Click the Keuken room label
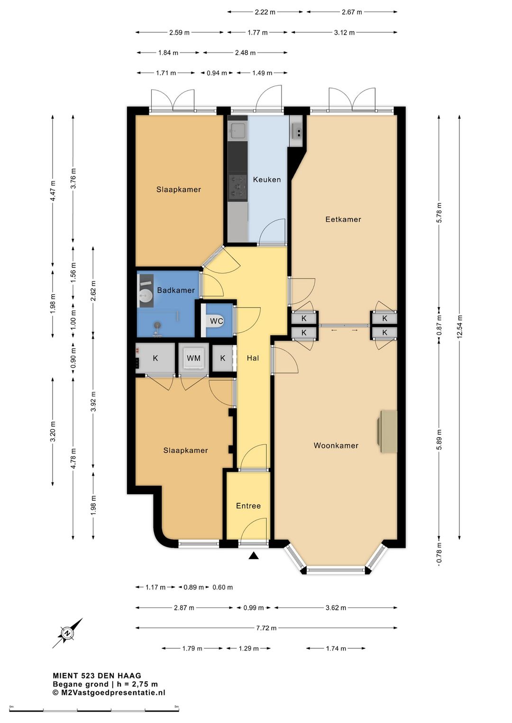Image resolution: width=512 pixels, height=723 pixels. [x=266, y=180]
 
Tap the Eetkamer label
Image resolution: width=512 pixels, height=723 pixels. [x=343, y=219]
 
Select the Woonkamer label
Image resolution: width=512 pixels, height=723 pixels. [x=336, y=446]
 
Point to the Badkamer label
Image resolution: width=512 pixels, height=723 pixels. [x=176, y=290]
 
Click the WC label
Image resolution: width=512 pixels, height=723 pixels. [x=217, y=321]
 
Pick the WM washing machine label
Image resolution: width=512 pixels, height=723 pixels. [x=193, y=358]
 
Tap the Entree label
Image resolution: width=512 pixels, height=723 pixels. [x=248, y=506]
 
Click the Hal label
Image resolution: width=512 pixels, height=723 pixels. [x=253, y=358]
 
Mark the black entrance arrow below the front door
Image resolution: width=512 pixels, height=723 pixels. [x=254, y=555]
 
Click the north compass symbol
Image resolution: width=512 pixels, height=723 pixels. [x=67, y=633]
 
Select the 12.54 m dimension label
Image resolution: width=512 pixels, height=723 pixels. [x=460, y=326]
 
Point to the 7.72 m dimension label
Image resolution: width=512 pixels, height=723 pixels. [x=266, y=628]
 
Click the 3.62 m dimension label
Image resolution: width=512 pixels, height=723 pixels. [x=336, y=608]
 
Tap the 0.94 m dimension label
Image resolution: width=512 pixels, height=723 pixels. [x=217, y=73]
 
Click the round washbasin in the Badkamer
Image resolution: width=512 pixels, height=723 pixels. [x=146, y=295]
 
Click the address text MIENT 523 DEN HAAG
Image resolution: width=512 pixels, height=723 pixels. [x=97, y=676]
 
